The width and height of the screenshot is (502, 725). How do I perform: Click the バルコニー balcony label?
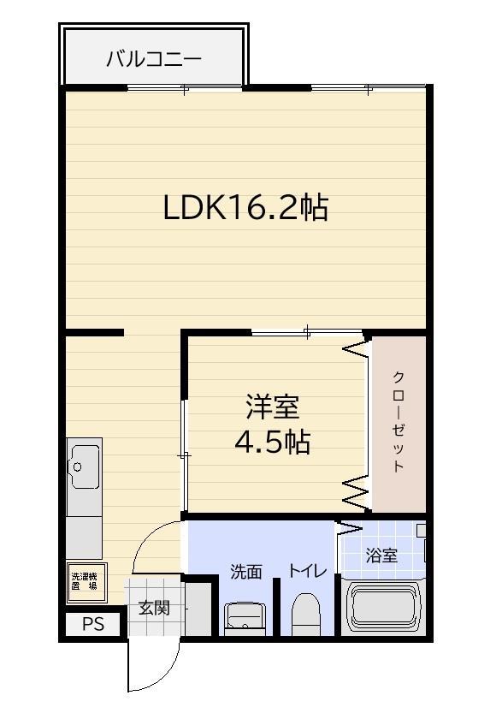point(154,59)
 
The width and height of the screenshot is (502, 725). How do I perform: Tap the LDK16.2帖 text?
point(245,207)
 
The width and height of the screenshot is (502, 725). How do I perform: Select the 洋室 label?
point(273,406)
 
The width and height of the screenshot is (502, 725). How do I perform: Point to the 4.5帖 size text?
point(273,442)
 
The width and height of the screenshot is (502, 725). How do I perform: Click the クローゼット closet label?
point(399,421)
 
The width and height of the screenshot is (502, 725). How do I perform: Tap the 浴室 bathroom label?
point(381,556)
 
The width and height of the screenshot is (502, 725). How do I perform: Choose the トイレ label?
point(307,571)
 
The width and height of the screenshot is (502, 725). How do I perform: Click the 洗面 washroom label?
point(246,572)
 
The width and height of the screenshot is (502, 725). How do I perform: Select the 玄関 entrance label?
point(155,609)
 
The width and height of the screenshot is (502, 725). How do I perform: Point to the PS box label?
point(93,625)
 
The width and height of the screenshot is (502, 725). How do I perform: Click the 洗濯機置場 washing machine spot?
point(85,582)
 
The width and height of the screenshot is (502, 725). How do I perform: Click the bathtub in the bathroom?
point(386,608)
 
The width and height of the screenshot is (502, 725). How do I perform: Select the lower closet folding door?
point(356,490)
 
